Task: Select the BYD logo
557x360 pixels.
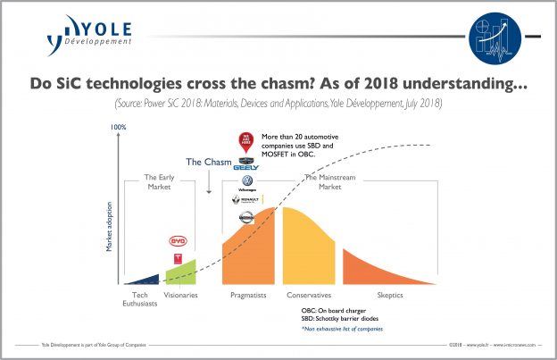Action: pos(179,241)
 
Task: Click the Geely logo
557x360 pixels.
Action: pos(245,164)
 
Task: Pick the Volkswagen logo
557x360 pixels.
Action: pos(246,181)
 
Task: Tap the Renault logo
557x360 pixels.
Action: pos(246,199)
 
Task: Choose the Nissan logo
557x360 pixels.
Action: pos(246,217)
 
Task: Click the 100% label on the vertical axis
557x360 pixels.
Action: pos(118,128)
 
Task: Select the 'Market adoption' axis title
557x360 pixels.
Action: pos(110,229)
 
